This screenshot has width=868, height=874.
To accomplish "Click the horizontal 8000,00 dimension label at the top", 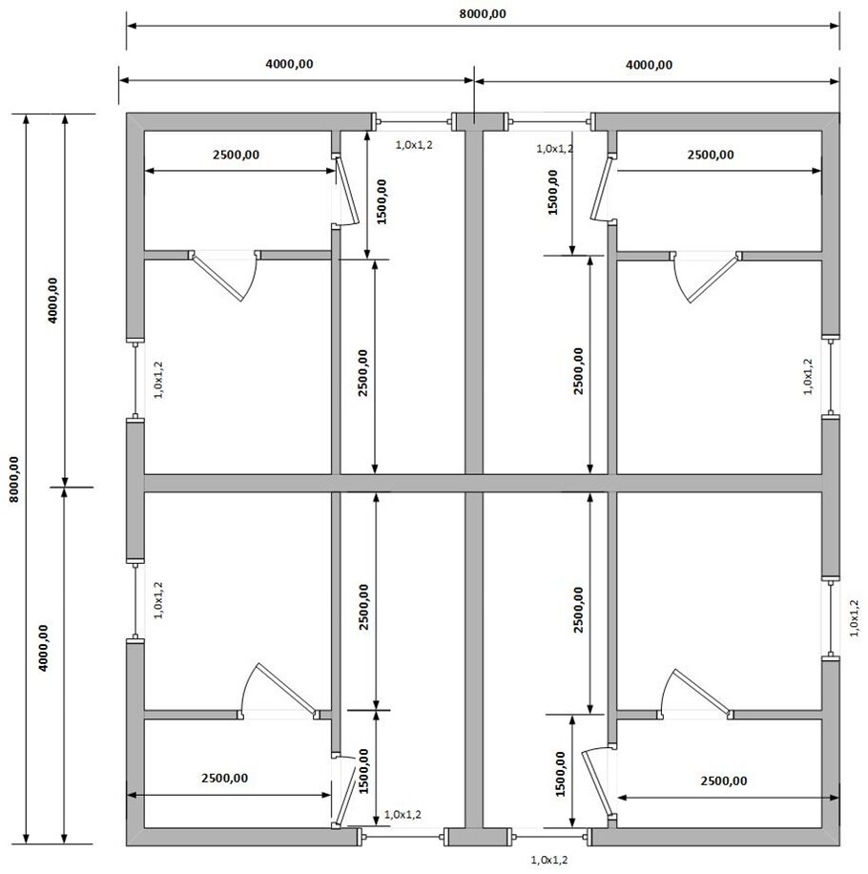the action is click(x=483, y=14).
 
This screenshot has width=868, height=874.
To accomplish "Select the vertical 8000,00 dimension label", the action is click(x=14, y=479).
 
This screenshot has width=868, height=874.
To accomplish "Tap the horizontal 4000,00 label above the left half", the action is click(x=289, y=64).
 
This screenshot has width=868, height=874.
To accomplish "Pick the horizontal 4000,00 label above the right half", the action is click(x=649, y=65).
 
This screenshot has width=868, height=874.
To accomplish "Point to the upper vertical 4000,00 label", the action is click(x=52, y=301).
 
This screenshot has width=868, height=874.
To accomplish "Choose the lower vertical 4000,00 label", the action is click(x=44, y=648).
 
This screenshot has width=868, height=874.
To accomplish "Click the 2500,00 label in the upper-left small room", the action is click(x=236, y=155).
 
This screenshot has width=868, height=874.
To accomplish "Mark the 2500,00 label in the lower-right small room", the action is click(x=724, y=780).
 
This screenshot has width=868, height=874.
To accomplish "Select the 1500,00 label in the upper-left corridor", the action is click(x=382, y=201).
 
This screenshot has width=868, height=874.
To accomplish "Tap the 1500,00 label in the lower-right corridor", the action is click(x=561, y=774).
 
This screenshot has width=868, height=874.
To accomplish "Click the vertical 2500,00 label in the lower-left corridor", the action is click(x=363, y=607).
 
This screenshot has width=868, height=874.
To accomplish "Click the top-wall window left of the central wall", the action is click(x=412, y=121).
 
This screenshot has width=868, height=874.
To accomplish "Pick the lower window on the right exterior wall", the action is click(x=831, y=618).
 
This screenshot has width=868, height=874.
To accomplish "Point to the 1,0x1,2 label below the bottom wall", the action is click(x=549, y=860).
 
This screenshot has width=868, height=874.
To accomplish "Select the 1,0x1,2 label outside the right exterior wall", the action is click(x=855, y=618).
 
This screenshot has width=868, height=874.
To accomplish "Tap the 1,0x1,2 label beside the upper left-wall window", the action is click(x=158, y=380).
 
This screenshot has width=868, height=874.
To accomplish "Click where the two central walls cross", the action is click(x=473, y=483).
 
